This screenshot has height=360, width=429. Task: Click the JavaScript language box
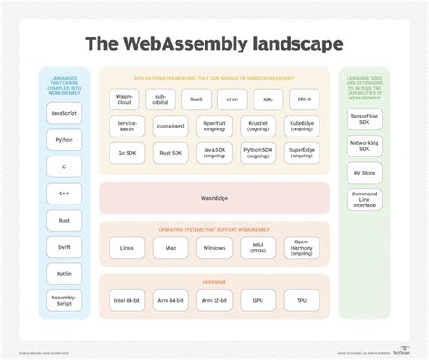64,114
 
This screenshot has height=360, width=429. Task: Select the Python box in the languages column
64,140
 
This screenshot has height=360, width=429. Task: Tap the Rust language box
64,220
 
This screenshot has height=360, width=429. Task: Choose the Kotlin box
64,272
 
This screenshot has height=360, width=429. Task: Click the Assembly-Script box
64,300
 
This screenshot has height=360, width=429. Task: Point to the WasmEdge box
214,198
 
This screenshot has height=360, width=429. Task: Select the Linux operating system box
127,247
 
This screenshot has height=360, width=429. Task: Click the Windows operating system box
214,247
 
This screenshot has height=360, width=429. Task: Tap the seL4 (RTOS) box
258,247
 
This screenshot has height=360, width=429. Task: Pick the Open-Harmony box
302,247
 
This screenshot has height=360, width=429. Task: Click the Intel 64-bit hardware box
127,300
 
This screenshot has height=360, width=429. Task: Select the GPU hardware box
258,300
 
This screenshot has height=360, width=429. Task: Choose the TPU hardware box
302,300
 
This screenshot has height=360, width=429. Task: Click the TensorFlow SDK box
365,120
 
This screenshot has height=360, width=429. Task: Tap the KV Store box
365,172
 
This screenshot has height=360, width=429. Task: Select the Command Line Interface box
365,199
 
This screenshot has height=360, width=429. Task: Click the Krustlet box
258,126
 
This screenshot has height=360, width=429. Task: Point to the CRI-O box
302,99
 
